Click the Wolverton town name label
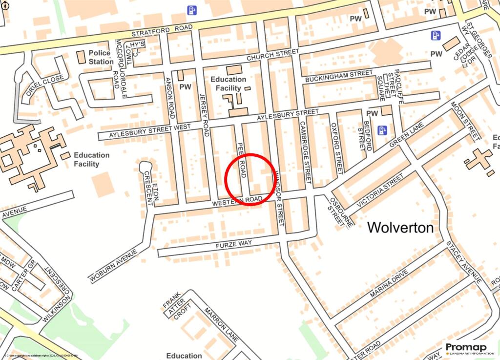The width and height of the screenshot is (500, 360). [x=400, y=228]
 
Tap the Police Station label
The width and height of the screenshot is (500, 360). [x=101, y=57]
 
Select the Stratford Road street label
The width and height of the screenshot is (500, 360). [x=162, y=31]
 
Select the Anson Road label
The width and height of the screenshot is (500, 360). [x=170, y=98]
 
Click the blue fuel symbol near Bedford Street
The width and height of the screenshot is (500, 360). [x=382, y=130]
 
